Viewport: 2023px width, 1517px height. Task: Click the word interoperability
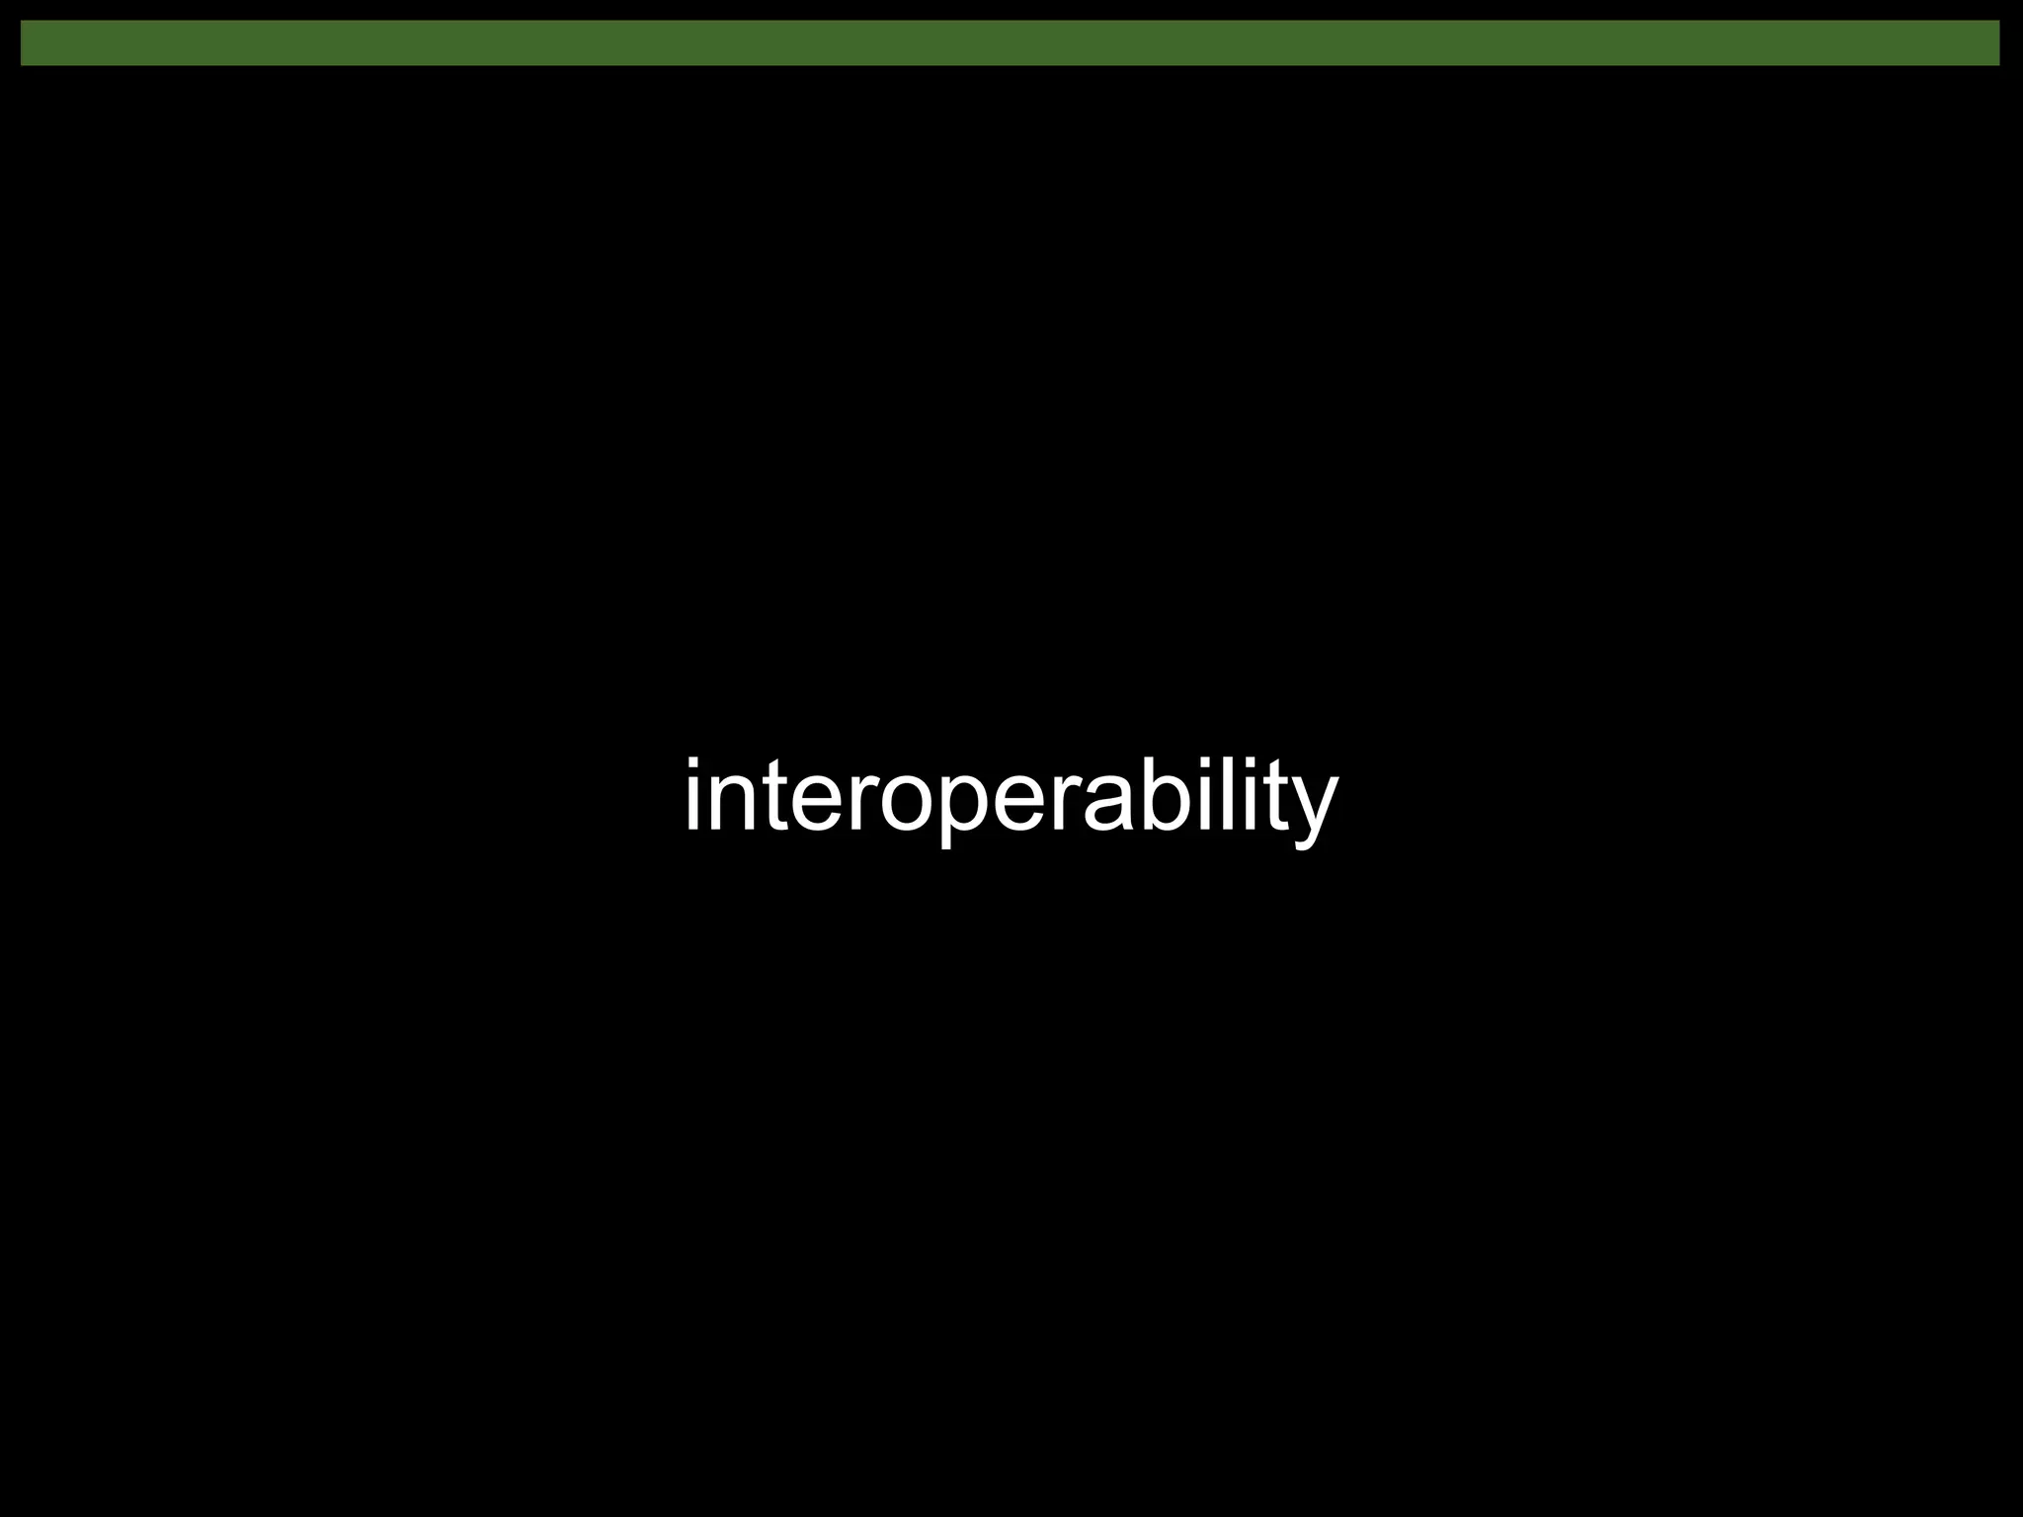(x=1011, y=797)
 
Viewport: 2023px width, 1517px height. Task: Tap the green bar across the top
(x=1011, y=43)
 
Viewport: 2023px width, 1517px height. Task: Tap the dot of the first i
(x=692, y=764)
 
